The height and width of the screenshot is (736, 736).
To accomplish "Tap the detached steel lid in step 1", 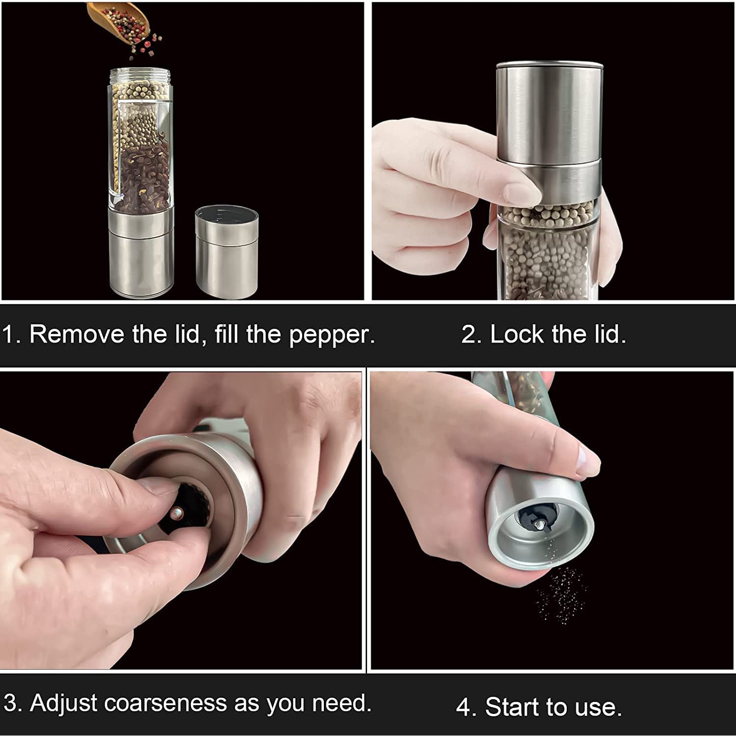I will pyautogui.click(x=227, y=253).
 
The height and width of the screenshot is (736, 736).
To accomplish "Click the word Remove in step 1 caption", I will pyautogui.click(x=77, y=334).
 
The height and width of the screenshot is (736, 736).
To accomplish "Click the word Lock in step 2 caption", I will pyautogui.click(x=517, y=335).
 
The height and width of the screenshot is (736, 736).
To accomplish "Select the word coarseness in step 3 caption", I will pyautogui.click(x=166, y=703).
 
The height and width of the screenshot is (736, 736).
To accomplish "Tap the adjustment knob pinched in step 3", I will pyautogui.click(x=178, y=513).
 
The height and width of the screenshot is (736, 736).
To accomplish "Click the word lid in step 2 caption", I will pyautogui.click(x=609, y=335).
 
